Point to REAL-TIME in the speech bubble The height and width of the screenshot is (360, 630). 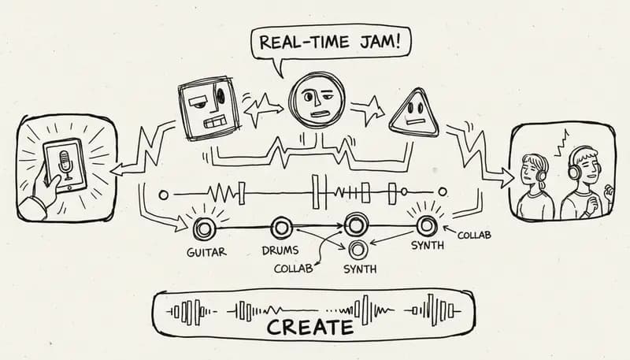315,43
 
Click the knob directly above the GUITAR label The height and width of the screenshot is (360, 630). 205,229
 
